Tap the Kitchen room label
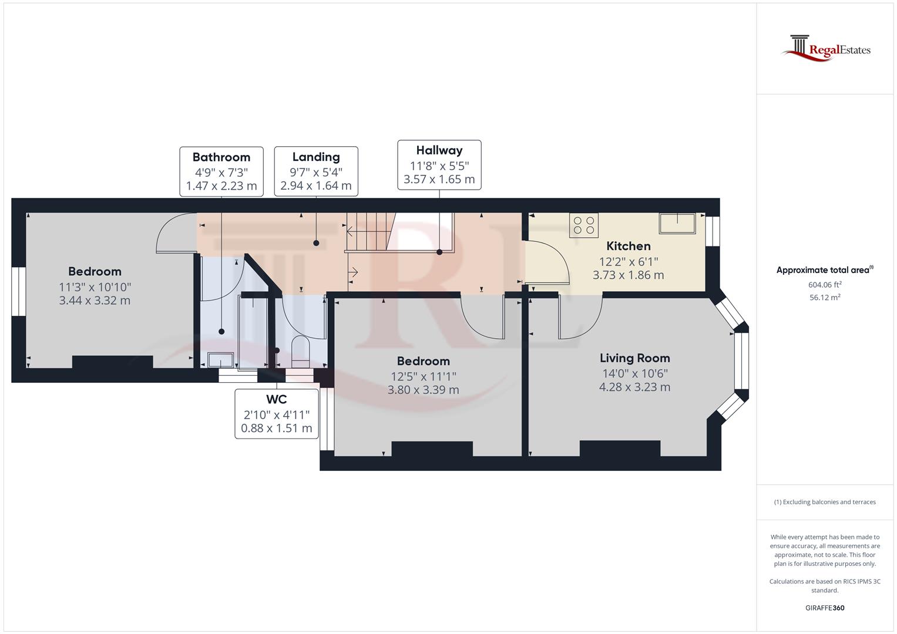coord(628,246)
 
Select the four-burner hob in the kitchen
coord(584,225)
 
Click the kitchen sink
coord(677,224)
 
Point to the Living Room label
coord(634,358)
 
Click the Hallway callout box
coord(439,165)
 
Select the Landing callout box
coord(316,171)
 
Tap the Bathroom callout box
coord(221,171)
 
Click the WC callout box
coord(276,413)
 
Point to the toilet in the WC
coord(300,350)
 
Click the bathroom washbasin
coord(221,359)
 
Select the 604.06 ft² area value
coord(825,285)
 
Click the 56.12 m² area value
coord(825,297)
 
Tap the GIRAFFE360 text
coord(825,608)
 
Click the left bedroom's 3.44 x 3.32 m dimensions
coord(95,301)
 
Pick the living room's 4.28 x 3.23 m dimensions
coord(634,387)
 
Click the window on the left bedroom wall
coord(19,292)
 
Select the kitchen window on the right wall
coord(713,231)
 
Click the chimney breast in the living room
coord(620,448)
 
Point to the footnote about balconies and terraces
coord(825,502)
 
